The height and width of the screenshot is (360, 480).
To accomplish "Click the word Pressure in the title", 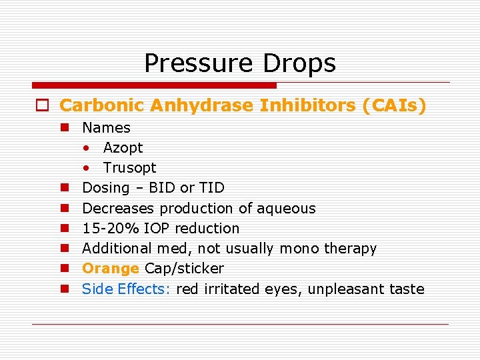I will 197,63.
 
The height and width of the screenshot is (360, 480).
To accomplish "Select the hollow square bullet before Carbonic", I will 42,106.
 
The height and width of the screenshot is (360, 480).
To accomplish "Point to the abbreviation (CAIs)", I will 393,105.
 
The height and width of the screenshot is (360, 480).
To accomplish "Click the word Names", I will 106,127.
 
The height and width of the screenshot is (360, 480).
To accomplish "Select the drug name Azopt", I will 123,147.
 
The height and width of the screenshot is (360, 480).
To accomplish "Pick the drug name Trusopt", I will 129,167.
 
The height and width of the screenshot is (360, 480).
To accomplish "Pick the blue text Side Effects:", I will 126,289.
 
